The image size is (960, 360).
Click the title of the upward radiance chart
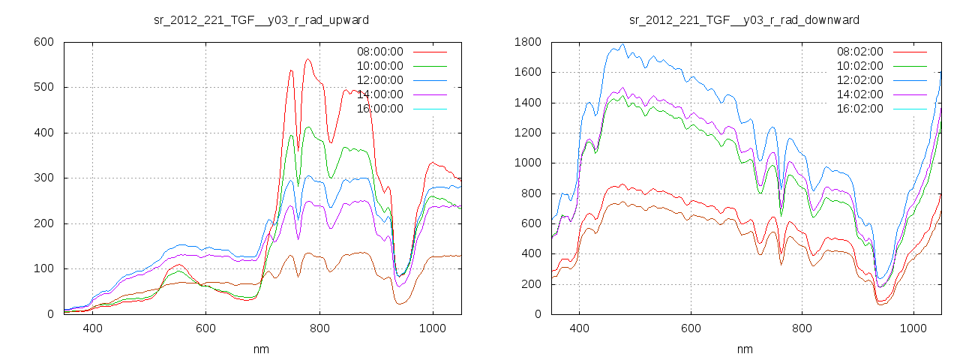260,19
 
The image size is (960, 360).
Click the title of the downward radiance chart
744,19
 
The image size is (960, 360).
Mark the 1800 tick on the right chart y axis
526,42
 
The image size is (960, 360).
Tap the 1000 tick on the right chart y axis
526,163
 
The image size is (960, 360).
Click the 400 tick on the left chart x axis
93,328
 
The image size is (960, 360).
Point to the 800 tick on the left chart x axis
319,328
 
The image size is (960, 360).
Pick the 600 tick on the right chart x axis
691,328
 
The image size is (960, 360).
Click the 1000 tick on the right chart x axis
913,328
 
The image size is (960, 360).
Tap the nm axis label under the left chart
260,349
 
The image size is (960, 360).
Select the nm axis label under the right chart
744,349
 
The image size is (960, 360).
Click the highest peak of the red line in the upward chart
307,59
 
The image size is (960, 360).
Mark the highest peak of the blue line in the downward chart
622,44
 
